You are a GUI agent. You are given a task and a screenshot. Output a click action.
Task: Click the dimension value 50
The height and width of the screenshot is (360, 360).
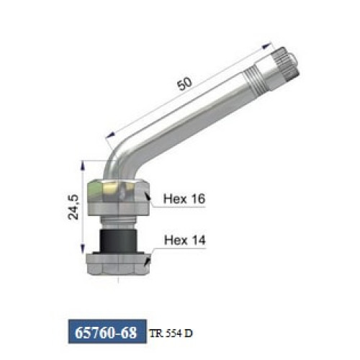[x=184, y=84]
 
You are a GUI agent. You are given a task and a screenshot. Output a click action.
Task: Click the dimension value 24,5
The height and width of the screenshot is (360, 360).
[x=73, y=207]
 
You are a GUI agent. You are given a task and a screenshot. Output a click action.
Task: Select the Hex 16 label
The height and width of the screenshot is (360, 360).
[x=184, y=199]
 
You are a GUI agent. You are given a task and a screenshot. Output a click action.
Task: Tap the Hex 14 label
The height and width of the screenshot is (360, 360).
[x=185, y=240]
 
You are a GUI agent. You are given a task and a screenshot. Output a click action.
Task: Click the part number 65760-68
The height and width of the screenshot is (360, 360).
[x=106, y=333]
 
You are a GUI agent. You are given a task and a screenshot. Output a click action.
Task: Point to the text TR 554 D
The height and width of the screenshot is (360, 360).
[x=171, y=333]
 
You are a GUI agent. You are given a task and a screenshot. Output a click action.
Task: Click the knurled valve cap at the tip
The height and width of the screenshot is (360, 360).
[x=286, y=62]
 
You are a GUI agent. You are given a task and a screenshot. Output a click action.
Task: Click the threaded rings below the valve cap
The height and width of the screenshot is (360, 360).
[x=253, y=81]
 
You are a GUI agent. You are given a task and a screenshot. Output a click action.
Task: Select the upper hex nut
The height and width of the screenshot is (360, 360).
[x=119, y=197]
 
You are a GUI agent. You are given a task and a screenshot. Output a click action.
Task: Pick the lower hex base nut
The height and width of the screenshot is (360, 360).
[x=119, y=264]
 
